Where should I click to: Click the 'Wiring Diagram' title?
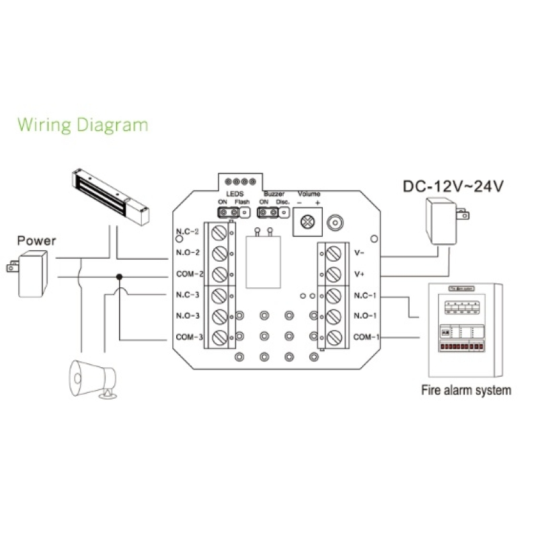[x=82, y=124]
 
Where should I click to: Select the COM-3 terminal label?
[x=188, y=337]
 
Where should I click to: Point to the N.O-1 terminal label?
[x=364, y=315]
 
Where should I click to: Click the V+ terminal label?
[x=358, y=274]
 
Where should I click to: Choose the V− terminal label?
[x=358, y=254]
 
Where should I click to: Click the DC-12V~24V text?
[x=453, y=186]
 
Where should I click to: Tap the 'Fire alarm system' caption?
[x=465, y=390]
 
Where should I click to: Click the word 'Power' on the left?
[x=37, y=240]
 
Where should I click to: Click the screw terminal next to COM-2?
[x=218, y=274]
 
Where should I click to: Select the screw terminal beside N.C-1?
[x=334, y=295]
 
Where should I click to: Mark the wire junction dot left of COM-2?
[x=119, y=276]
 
